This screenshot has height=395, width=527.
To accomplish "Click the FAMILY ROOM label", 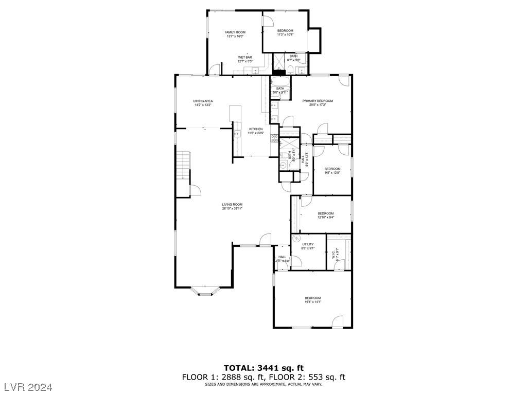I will (x=235, y=32).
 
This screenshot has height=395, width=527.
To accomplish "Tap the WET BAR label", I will (x=244, y=57).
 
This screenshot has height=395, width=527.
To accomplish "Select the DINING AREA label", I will (x=203, y=101).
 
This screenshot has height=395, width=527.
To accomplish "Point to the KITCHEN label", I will (x=256, y=129).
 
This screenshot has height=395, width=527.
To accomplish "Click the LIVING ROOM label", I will (x=232, y=205).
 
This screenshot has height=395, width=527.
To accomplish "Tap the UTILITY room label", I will (x=308, y=244).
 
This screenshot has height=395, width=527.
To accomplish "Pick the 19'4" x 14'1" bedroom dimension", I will (x=312, y=302).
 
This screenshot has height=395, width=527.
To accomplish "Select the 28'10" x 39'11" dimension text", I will (x=232, y=209).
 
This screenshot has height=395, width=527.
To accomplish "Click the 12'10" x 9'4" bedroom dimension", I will (x=325, y=218).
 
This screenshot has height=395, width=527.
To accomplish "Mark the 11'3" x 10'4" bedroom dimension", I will (x=285, y=35).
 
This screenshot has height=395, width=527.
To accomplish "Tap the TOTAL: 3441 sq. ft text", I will (x=263, y=368).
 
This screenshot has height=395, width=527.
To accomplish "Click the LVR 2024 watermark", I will (x=30, y=386).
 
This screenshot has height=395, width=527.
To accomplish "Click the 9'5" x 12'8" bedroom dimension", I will (x=332, y=173).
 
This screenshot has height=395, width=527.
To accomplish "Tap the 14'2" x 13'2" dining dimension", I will (x=203, y=105).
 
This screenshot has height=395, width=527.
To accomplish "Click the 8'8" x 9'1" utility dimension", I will (x=308, y=248).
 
